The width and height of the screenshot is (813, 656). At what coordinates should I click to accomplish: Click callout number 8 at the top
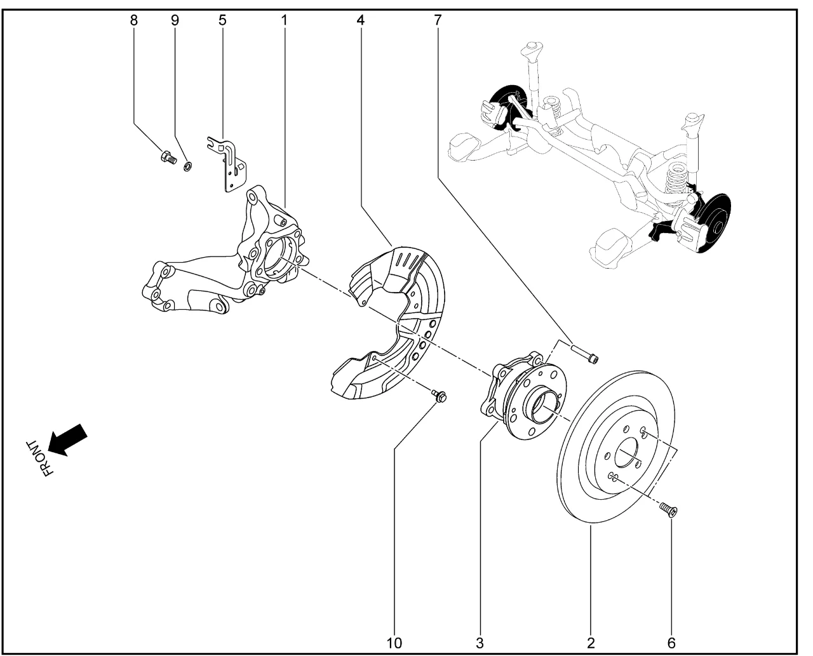point(133,20)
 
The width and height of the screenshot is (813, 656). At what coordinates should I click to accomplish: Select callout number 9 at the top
point(175,20)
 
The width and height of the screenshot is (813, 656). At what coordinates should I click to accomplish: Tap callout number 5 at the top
point(222,20)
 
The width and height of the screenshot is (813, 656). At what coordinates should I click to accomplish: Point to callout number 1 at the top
point(284,20)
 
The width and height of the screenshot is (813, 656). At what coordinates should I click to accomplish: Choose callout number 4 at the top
point(361,20)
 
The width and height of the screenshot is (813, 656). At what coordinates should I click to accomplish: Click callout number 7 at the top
point(437,20)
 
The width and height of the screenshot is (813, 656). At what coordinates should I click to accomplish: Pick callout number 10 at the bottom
point(394,643)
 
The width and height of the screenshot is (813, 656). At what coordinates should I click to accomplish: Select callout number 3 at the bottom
point(480,643)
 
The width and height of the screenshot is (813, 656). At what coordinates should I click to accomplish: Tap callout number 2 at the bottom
point(591,643)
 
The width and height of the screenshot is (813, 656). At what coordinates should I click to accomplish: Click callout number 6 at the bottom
point(671,643)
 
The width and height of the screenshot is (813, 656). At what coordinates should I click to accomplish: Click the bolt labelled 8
point(168,156)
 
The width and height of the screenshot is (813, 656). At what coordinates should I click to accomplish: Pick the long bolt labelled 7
point(585,354)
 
